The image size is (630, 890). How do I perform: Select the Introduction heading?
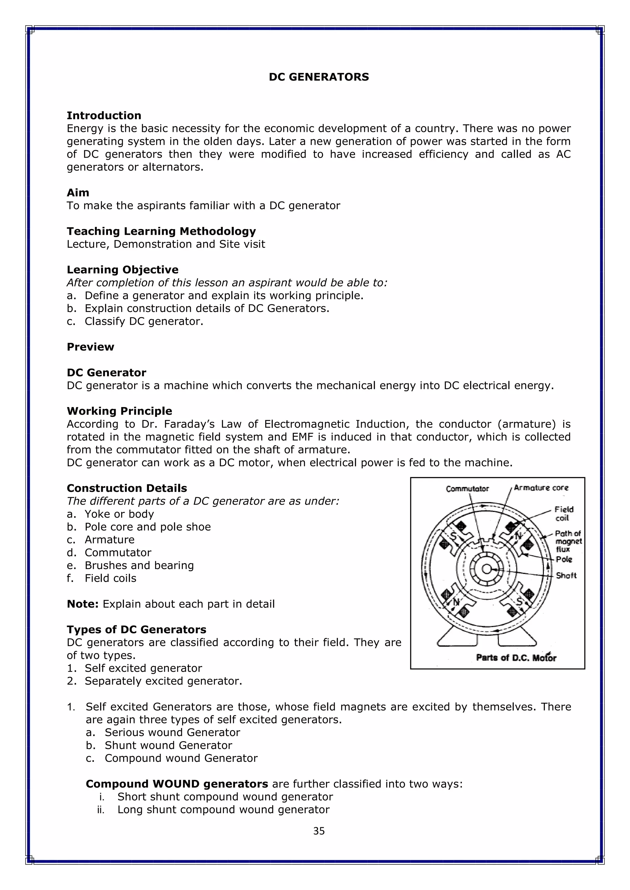[x=104, y=116]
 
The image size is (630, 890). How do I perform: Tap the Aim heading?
[x=78, y=193]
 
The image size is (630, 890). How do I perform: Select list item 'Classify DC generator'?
[x=144, y=321]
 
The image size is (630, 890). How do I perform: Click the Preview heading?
[x=90, y=347]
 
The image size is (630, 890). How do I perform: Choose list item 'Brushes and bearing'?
[x=139, y=565]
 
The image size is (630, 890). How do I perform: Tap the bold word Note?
[x=83, y=604]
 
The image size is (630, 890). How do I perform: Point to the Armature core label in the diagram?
[x=541, y=488]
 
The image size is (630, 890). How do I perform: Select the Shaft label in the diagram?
[x=566, y=576]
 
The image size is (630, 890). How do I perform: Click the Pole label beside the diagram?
[x=564, y=559]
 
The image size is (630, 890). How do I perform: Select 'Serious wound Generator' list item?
[x=172, y=732]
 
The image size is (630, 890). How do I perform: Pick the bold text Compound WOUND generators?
[x=177, y=784]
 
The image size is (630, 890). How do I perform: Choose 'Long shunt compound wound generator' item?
[x=223, y=809]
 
